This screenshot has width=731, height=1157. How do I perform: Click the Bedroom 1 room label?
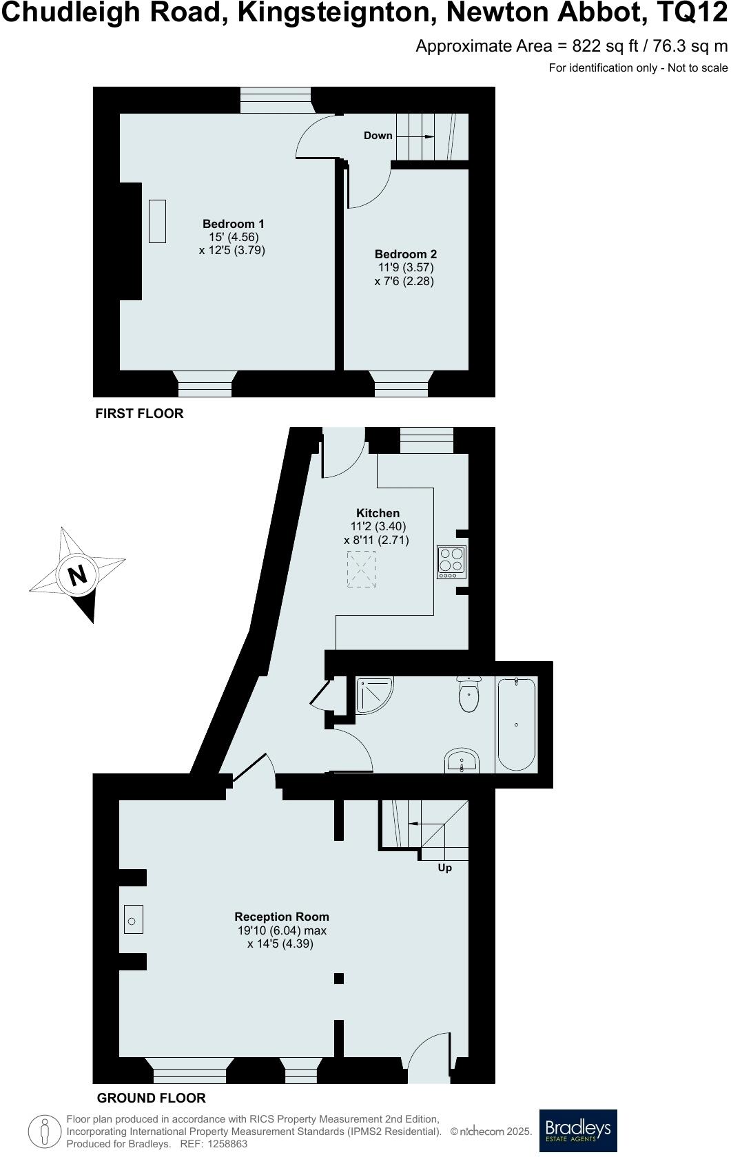coord(233,224)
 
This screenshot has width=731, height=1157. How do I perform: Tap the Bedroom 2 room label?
coord(405,254)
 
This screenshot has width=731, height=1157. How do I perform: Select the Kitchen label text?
coord(378,513)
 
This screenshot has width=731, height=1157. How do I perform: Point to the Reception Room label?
coord(282,917)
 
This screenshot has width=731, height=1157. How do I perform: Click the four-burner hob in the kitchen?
coord(451,561)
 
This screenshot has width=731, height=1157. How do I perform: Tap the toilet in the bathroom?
coord(469,694)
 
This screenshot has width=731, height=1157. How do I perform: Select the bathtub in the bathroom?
coord(516,725)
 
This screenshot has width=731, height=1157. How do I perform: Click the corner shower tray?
coord(373,694)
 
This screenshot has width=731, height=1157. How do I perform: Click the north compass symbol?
coord(77,574)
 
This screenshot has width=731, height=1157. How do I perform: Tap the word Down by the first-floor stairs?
coord(378,136)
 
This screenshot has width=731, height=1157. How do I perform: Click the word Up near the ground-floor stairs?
coord(445,868)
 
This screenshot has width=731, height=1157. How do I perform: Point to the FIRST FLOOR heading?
coord(139,413)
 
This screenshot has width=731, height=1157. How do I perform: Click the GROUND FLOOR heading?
coord(151,1098)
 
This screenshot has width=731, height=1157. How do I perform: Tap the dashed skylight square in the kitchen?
coord(361,569)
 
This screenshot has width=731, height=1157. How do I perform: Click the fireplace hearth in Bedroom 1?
coord(158,221)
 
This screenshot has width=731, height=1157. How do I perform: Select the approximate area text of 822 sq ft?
coord(571,46)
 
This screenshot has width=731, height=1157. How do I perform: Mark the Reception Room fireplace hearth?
coord(134,919)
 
